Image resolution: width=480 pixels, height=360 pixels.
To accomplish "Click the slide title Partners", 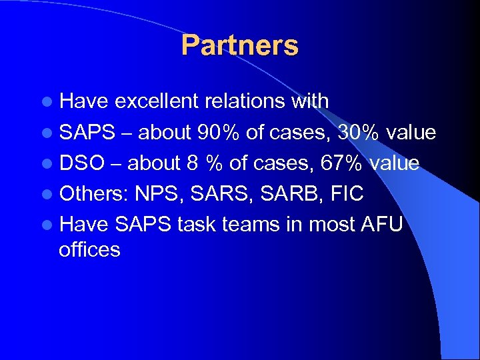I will pos(239,45).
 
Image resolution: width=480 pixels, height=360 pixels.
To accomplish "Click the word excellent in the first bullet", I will pos(157,101).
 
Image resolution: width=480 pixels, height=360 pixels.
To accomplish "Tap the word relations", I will pos(247,101).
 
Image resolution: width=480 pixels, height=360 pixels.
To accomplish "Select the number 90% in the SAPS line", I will pos(219,132).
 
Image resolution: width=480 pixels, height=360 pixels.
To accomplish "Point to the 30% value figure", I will pos(361,132).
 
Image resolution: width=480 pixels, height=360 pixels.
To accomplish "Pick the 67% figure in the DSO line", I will pos(344,163).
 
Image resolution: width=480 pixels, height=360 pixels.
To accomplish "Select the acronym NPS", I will pos(159,194).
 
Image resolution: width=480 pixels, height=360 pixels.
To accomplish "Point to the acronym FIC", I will pos(347,194).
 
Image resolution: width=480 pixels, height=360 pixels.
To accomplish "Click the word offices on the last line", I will pos(89,250).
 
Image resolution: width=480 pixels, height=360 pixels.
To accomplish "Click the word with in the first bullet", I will pos(309,101).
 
